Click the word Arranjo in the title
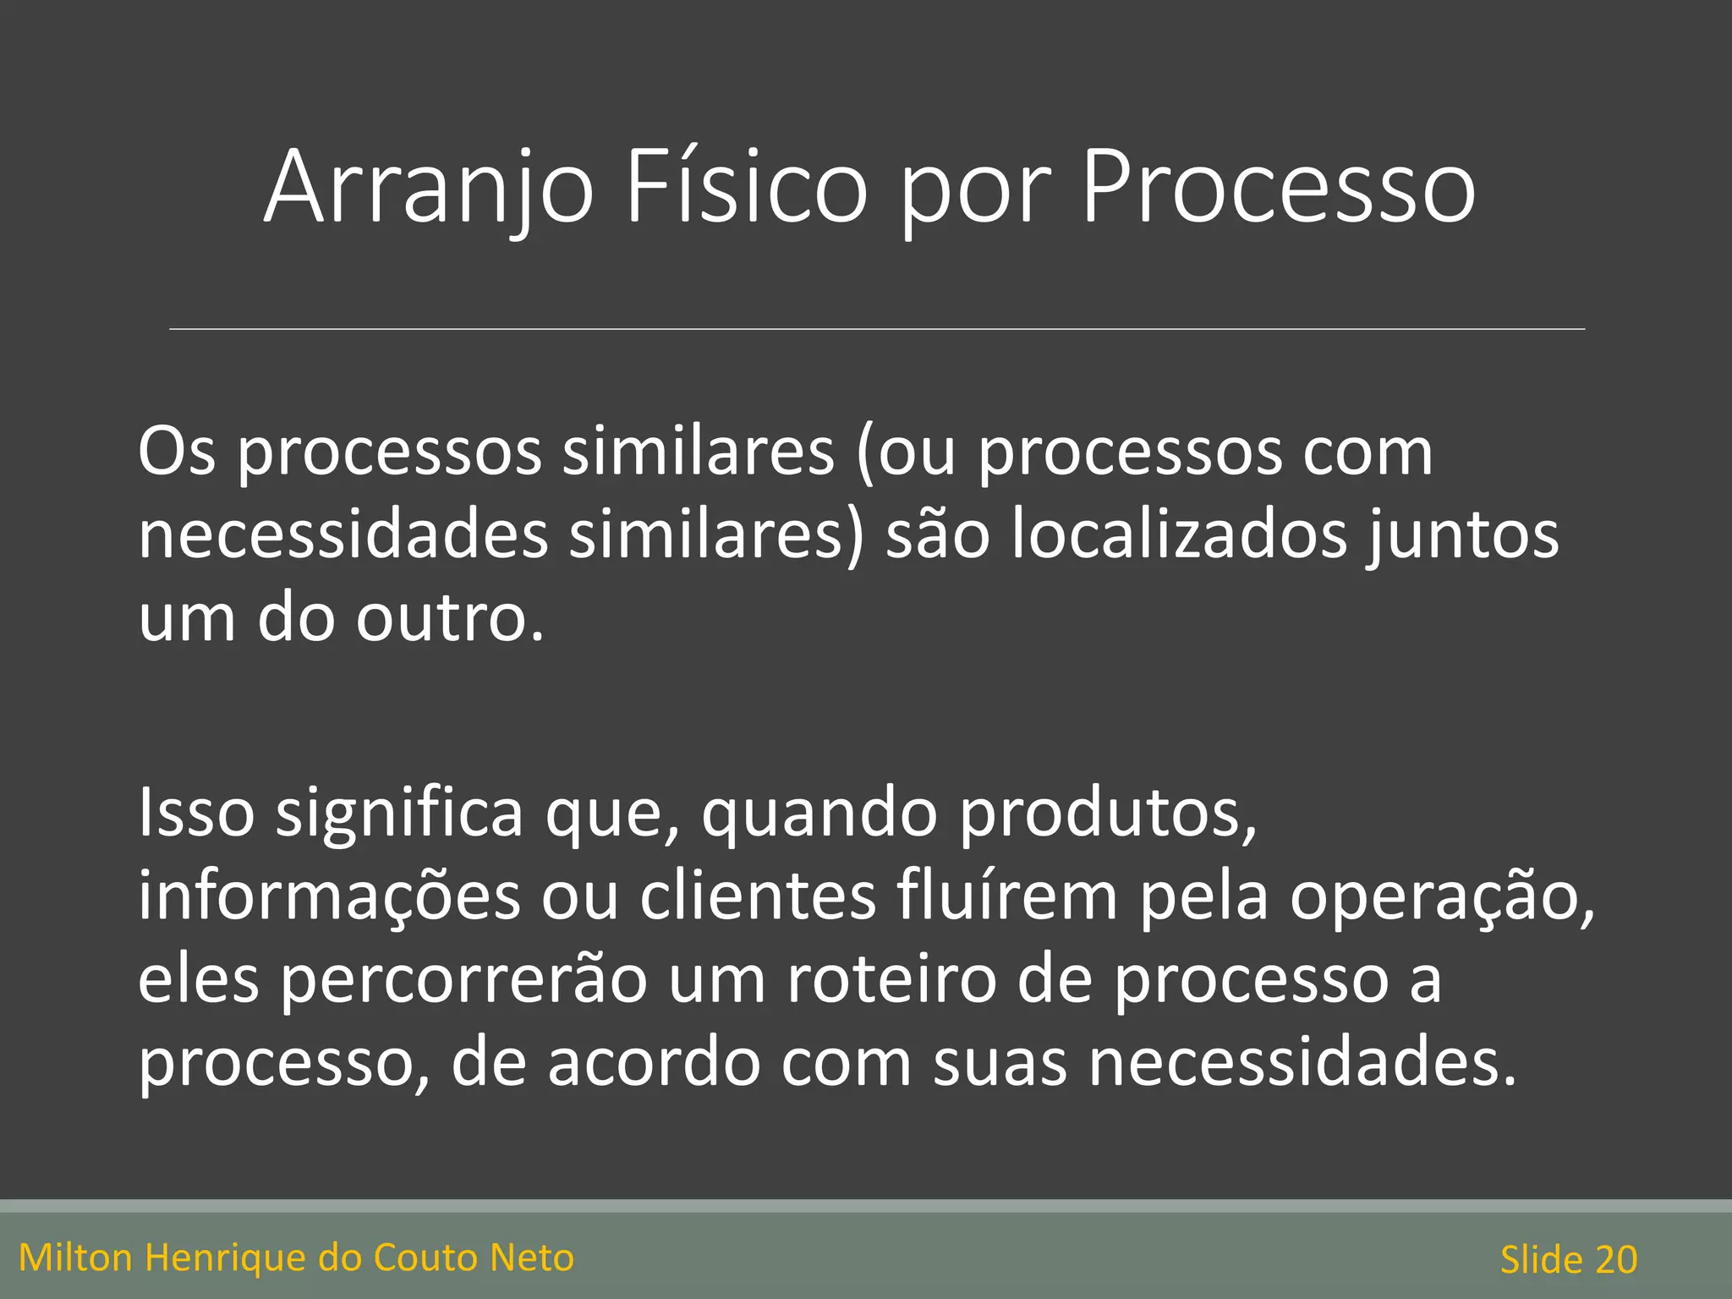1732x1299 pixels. (x=430, y=188)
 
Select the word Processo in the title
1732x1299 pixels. (x=1278, y=188)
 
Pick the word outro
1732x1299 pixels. (x=449, y=618)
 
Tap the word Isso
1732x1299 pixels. (x=196, y=813)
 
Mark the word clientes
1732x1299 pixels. (x=758, y=896)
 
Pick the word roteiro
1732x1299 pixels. (x=892, y=979)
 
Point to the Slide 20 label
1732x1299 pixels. (x=1569, y=1260)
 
